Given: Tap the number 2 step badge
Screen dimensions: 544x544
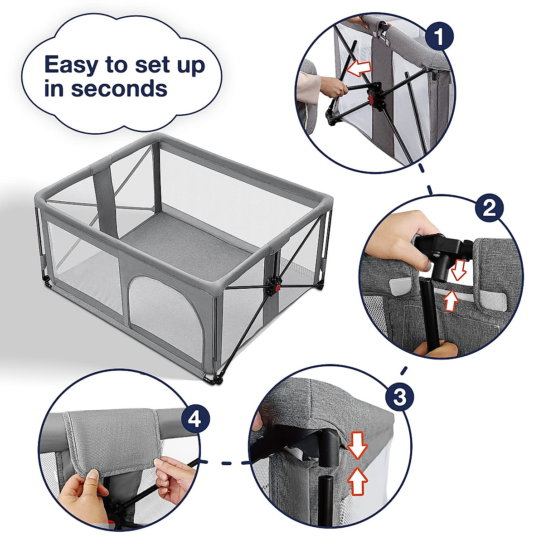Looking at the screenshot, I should coord(489,208).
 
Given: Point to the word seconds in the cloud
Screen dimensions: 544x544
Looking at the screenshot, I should coord(119,88).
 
